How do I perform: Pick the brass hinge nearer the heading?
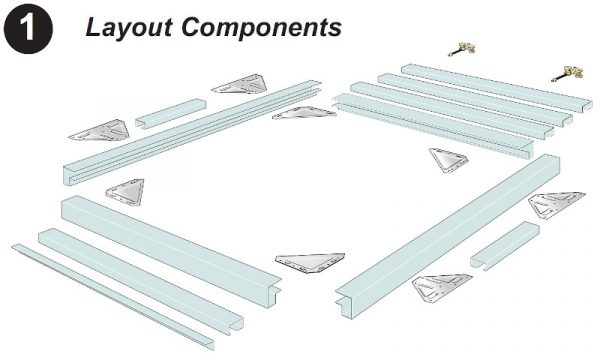click(x=461, y=47)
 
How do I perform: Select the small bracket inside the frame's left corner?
click(x=126, y=193)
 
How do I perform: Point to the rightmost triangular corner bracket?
click(x=556, y=206)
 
